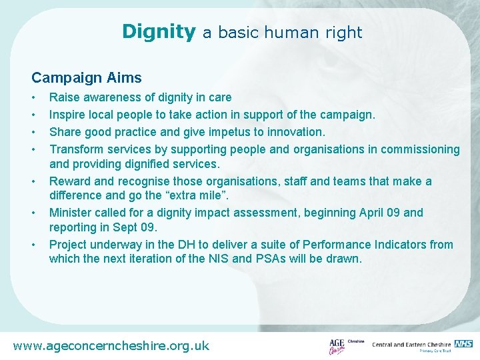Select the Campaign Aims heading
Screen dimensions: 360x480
click(87, 77)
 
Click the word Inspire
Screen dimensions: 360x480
click(68, 115)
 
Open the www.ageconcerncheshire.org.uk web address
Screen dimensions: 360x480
click(111, 345)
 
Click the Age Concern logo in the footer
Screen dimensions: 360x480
click(337, 346)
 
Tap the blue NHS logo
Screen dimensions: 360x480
click(463, 343)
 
